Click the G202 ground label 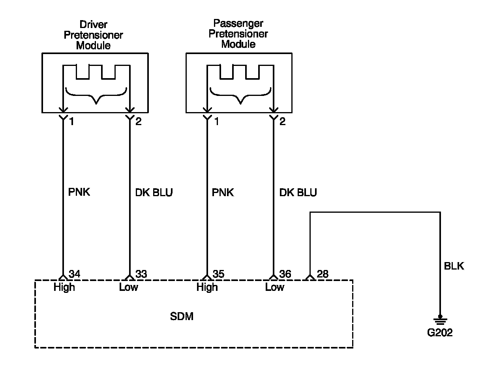coord(440,333)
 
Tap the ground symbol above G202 coord(440,320)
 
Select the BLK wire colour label coord(454,266)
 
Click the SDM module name coord(182,316)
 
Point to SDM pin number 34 coord(74,274)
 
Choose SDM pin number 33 coord(141,274)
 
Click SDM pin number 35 coord(218,274)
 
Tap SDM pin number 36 coord(285,274)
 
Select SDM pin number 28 coord(323,274)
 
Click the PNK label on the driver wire coord(79,192)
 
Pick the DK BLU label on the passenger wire coord(298,193)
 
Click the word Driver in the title coord(94,24)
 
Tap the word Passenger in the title coord(238,23)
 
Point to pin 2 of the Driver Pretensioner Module coord(138,122)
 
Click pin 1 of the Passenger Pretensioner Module coord(216,122)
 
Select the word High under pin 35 coord(207,287)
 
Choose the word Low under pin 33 coord(128,287)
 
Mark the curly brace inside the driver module coord(96,96)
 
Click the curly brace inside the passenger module coord(240,96)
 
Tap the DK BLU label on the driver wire coord(154,193)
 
